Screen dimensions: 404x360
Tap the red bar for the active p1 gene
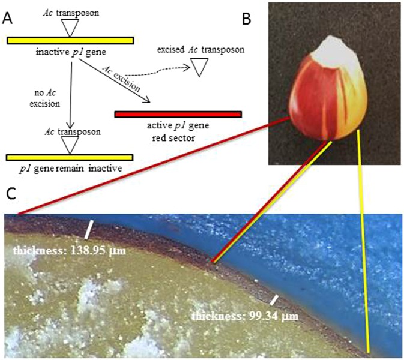tap(178, 114)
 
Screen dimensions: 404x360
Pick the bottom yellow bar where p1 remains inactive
tap(69, 157)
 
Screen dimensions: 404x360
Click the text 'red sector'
tap(178, 135)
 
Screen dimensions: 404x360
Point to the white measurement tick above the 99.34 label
tap(274, 298)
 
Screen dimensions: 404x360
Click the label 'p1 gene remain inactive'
tap(68, 169)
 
